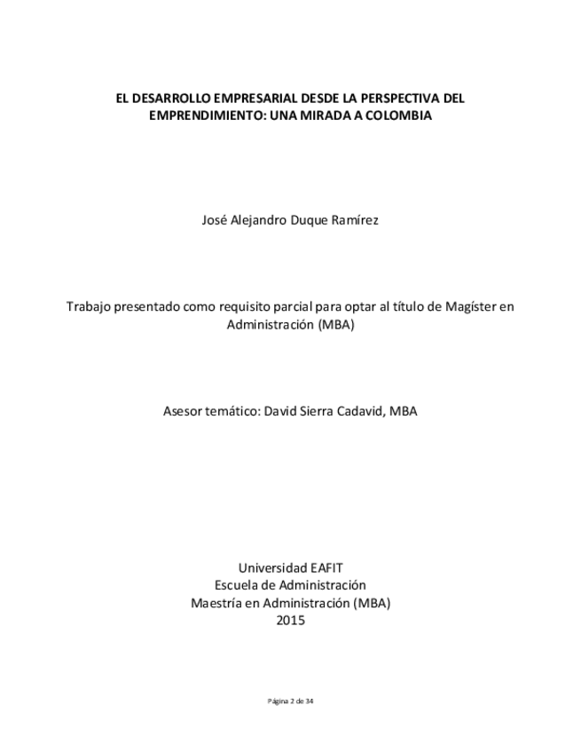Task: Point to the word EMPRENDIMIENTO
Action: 203,115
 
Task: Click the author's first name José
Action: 216,220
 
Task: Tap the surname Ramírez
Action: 355,220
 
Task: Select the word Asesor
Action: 184,411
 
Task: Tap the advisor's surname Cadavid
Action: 353,411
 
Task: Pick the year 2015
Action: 290,621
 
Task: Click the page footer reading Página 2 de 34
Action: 290,701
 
